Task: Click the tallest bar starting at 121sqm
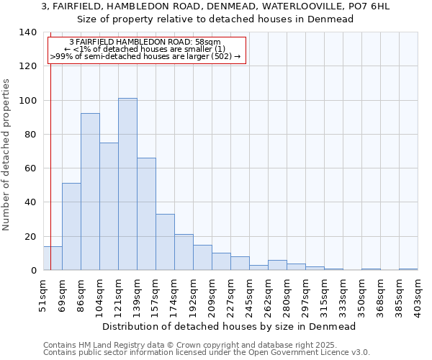click(x=127, y=184)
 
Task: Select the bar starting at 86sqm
click(x=90, y=192)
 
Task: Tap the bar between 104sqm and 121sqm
click(x=109, y=206)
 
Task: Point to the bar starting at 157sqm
click(x=165, y=242)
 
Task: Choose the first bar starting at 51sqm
click(x=53, y=258)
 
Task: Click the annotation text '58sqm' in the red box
click(x=208, y=42)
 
